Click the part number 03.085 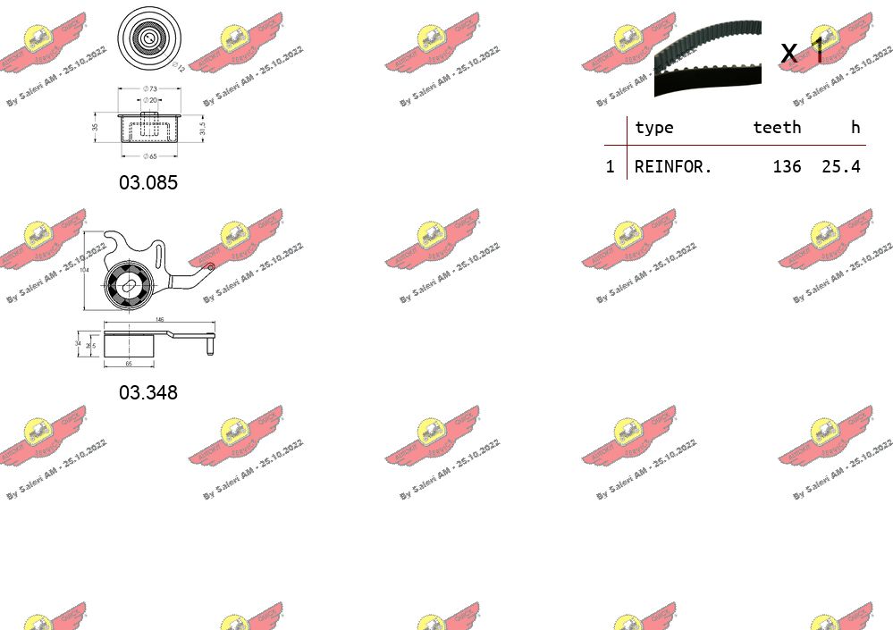[x=148, y=183]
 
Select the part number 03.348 [x=148, y=392]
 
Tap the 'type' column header [x=653, y=128]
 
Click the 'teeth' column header [x=776, y=128]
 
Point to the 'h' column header [x=855, y=128]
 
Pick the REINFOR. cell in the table [x=673, y=166]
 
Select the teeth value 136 [x=787, y=166]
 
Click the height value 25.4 [x=840, y=166]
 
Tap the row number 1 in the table [x=611, y=166]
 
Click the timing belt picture [x=707, y=57]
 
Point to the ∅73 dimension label [x=150, y=88]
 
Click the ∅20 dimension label [x=150, y=101]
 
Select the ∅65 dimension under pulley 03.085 [x=150, y=156]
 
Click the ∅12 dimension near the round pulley [x=178, y=66]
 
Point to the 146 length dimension [x=160, y=319]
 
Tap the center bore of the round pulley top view [x=149, y=38]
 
